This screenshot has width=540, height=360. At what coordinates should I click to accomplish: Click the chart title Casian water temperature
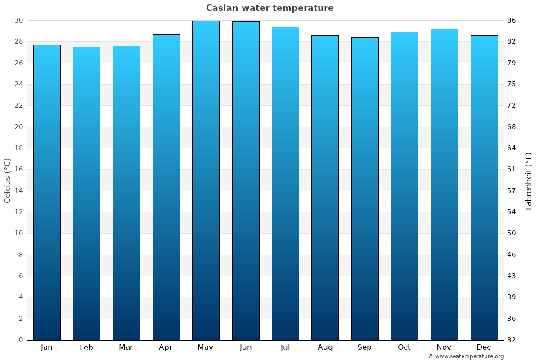click(270, 8)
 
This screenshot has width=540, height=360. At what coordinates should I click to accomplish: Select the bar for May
click(206, 180)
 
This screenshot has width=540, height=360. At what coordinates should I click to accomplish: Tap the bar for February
click(86, 193)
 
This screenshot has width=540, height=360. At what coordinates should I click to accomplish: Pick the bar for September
click(364, 189)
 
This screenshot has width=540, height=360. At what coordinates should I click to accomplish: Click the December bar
click(484, 188)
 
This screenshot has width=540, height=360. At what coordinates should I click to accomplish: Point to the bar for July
click(285, 183)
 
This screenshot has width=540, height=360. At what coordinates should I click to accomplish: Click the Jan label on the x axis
click(47, 347)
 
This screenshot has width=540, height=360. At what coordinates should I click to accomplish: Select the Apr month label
click(166, 347)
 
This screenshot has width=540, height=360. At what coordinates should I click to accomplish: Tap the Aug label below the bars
click(325, 347)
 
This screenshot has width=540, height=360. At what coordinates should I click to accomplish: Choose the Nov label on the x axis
click(444, 347)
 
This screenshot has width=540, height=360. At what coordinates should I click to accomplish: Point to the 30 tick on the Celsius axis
click(19, 20)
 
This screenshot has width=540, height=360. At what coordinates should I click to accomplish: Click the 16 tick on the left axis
click(19, 170)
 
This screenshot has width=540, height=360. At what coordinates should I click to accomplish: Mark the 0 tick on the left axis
click(21, 340)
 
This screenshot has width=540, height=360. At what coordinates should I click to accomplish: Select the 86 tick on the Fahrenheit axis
click(512, 20)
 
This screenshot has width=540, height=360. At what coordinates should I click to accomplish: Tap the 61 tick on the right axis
click(512, 170)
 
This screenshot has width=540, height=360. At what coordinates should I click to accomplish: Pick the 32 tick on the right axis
click(512, 340)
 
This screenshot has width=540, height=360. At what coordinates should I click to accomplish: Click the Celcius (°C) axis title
click(7, 180)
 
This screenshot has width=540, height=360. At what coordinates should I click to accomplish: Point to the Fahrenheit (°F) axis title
click(529, 180)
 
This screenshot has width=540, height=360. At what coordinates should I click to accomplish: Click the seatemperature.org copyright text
click(466, 356)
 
